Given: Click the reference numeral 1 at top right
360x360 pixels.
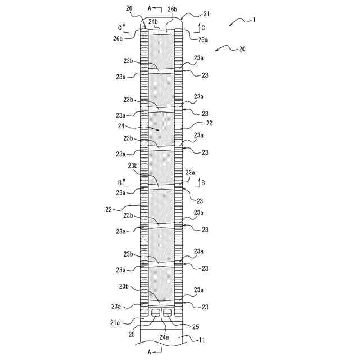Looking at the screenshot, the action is point(254,20).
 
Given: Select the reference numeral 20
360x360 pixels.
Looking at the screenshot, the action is point(241,49).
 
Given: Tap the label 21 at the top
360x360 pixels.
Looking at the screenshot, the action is point(192,13).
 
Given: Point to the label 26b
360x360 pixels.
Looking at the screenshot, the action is point(172,10).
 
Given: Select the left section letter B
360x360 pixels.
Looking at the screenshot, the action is point(120,183).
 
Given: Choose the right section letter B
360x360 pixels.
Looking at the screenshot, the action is point(203,183).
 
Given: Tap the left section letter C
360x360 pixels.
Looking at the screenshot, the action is point(120,27).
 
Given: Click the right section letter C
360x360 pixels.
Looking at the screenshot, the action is point(203,27).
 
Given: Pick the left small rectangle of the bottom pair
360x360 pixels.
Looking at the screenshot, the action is point(156,312).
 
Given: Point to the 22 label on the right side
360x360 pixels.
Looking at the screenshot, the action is point(209,123).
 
